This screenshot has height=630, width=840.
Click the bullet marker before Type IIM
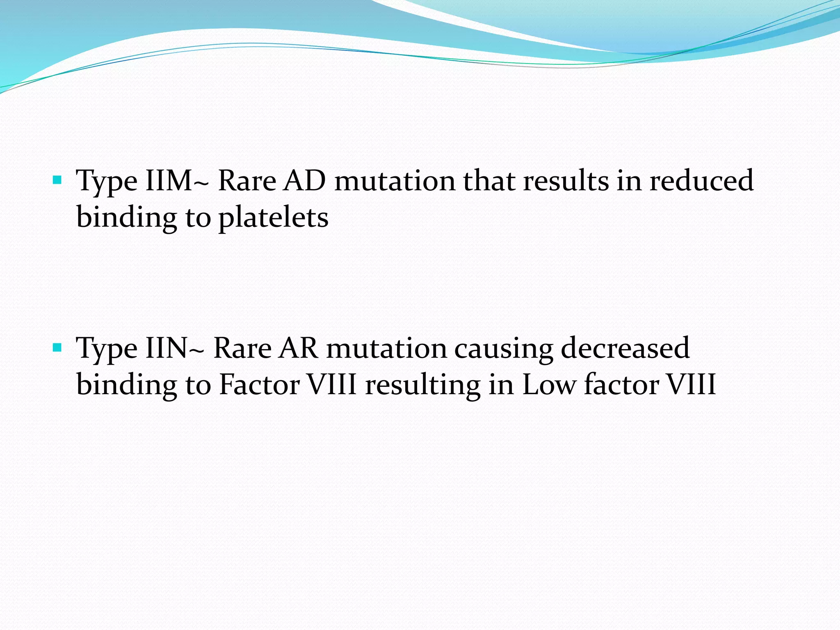57,180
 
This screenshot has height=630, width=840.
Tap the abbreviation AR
299,348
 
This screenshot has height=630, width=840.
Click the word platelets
274,217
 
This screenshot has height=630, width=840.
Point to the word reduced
701,180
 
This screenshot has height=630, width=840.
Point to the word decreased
625,348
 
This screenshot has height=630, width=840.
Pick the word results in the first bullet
566,180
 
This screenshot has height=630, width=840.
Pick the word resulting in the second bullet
423,386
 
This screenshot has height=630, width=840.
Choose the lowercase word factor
621,385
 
